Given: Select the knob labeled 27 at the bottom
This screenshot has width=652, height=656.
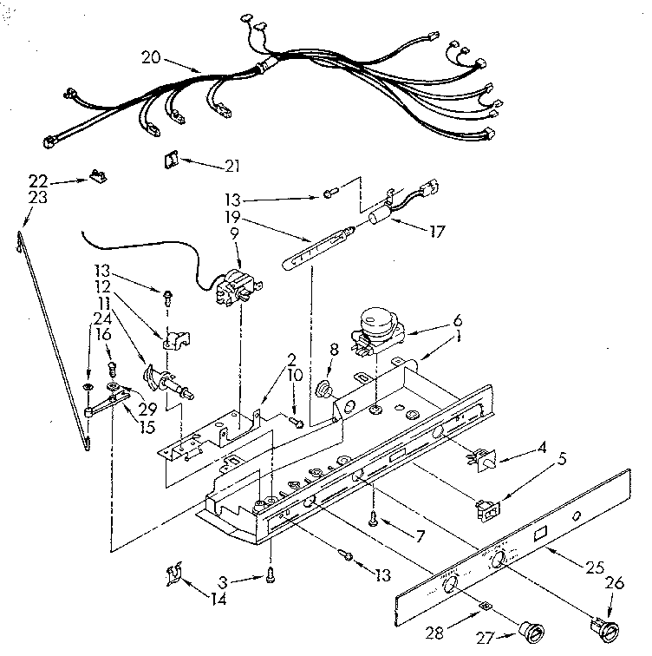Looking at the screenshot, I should tap(525, 629).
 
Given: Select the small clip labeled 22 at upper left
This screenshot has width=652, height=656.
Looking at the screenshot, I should tap(95, 178).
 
